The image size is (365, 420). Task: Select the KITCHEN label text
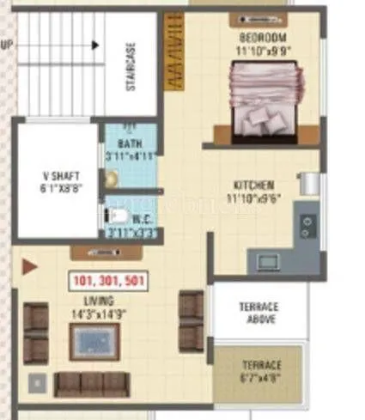click(255, 186)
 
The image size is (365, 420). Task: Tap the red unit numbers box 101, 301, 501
click(108, 280)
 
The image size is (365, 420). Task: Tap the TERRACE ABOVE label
click(258, 313)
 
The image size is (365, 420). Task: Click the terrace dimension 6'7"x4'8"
click(260, 376)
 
